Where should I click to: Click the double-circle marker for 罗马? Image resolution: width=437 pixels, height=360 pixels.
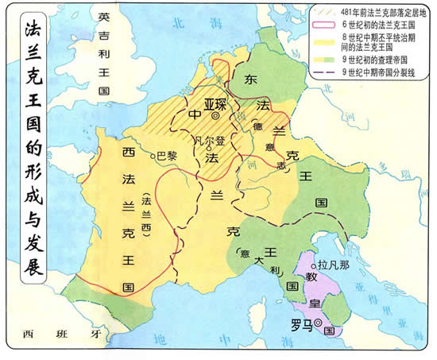[x=318, y=323]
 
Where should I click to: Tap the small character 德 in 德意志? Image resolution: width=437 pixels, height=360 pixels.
[x=257, y=127]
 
